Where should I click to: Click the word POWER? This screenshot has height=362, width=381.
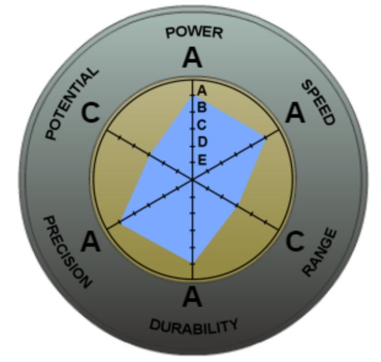coord(194,32)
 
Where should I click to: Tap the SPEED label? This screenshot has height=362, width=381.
coord(319,102)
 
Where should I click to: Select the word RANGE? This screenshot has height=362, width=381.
coord(321,252)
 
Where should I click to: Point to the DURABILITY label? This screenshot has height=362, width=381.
coord(194,325)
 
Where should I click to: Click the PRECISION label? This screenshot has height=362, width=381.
coord(67,252)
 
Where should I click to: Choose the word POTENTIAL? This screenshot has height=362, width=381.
coord(72,103)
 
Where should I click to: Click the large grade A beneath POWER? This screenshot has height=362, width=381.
coord(192,59)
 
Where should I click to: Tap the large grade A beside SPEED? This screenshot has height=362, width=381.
coord(295,113)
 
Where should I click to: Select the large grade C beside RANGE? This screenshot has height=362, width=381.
coord(295,242)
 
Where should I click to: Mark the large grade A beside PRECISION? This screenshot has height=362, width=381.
coord(91,242)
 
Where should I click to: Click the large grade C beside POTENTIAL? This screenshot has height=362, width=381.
coord(91,113)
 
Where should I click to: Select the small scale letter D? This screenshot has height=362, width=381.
coord(202,142)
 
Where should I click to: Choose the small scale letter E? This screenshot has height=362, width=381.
coord(202,160)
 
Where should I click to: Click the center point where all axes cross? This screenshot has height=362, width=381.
coord(192,179)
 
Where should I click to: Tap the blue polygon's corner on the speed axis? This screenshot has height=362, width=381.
coord(265,137)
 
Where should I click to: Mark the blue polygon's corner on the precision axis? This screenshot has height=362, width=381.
coord(120,221)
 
